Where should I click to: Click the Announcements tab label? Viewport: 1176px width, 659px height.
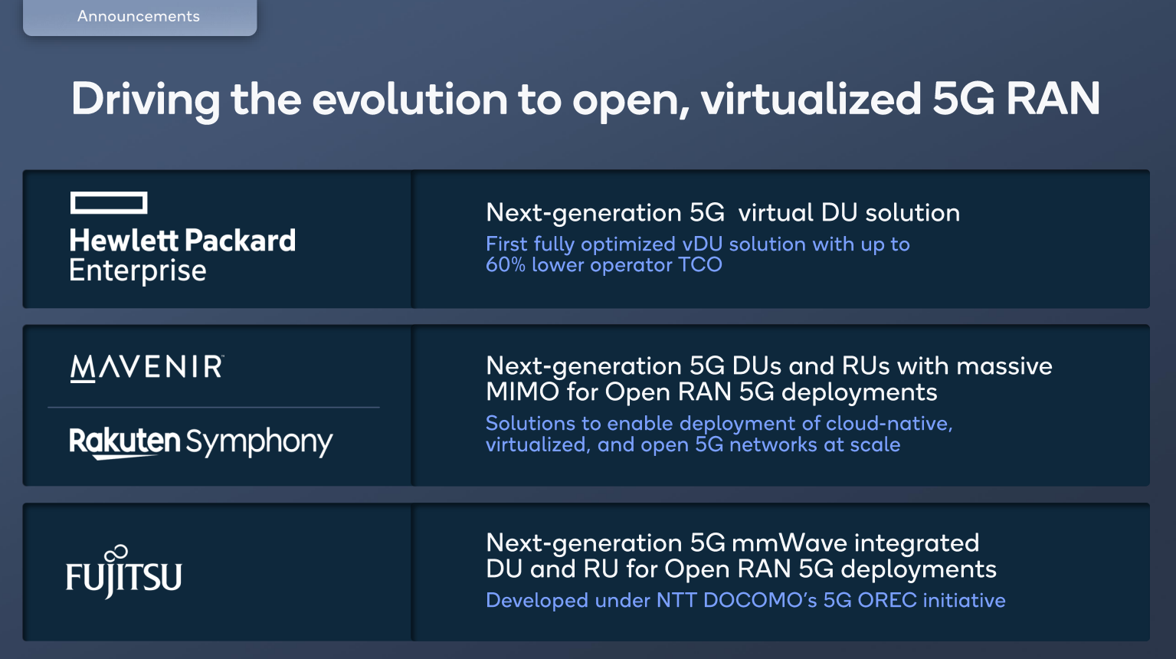click(x=139, y=16)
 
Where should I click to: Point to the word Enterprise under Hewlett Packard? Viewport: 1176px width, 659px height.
click(x=138, y=271)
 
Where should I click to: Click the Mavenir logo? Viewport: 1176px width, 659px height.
click(x=147, y=367)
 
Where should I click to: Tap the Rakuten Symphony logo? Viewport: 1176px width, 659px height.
click(x=201, y=441)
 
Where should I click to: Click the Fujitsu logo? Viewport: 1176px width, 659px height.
click(x=124, y=572)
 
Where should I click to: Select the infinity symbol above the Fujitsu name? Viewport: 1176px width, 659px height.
click(x=116, y=553)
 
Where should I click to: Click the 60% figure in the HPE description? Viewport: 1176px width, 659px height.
click(x=505, y=265)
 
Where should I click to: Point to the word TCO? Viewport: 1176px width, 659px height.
click(x=700, y=264)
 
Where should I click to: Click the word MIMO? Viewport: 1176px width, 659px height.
click(x=522, y=392)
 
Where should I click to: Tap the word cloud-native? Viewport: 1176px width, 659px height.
click(x=889, y=423)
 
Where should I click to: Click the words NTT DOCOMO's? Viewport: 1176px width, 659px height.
click(x=736, y=600)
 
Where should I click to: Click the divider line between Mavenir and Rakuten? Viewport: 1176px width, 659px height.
click(x=214, y=407)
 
